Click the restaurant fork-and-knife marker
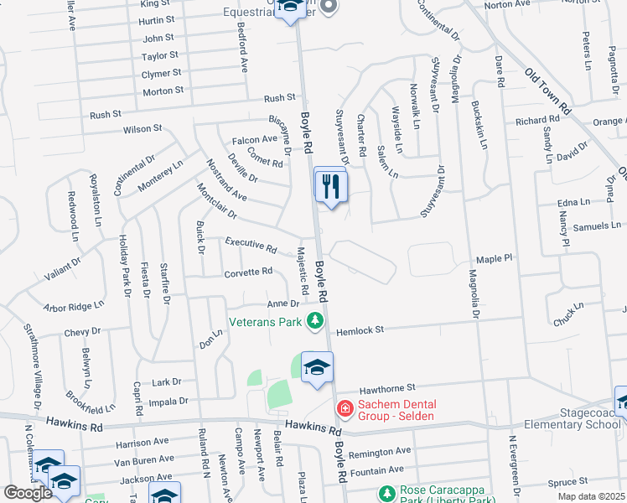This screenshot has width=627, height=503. tap(331, 185)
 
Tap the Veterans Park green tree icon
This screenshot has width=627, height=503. tap(314, 320)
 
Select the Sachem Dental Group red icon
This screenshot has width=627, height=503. tap(344, 408)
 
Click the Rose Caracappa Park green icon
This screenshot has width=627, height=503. tap(386, 492)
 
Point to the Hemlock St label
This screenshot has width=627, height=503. tap(360, 330)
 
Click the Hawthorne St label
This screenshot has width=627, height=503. tap(388, 388)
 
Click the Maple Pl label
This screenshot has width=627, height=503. tap(494, 259)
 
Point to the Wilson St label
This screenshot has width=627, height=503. tap(142, 128)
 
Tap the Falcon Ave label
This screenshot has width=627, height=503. tap(255, 139)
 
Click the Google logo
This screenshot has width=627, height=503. tap(27, 493)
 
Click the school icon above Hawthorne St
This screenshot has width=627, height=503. tap(318, 367)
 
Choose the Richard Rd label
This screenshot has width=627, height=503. tap(536, 121)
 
